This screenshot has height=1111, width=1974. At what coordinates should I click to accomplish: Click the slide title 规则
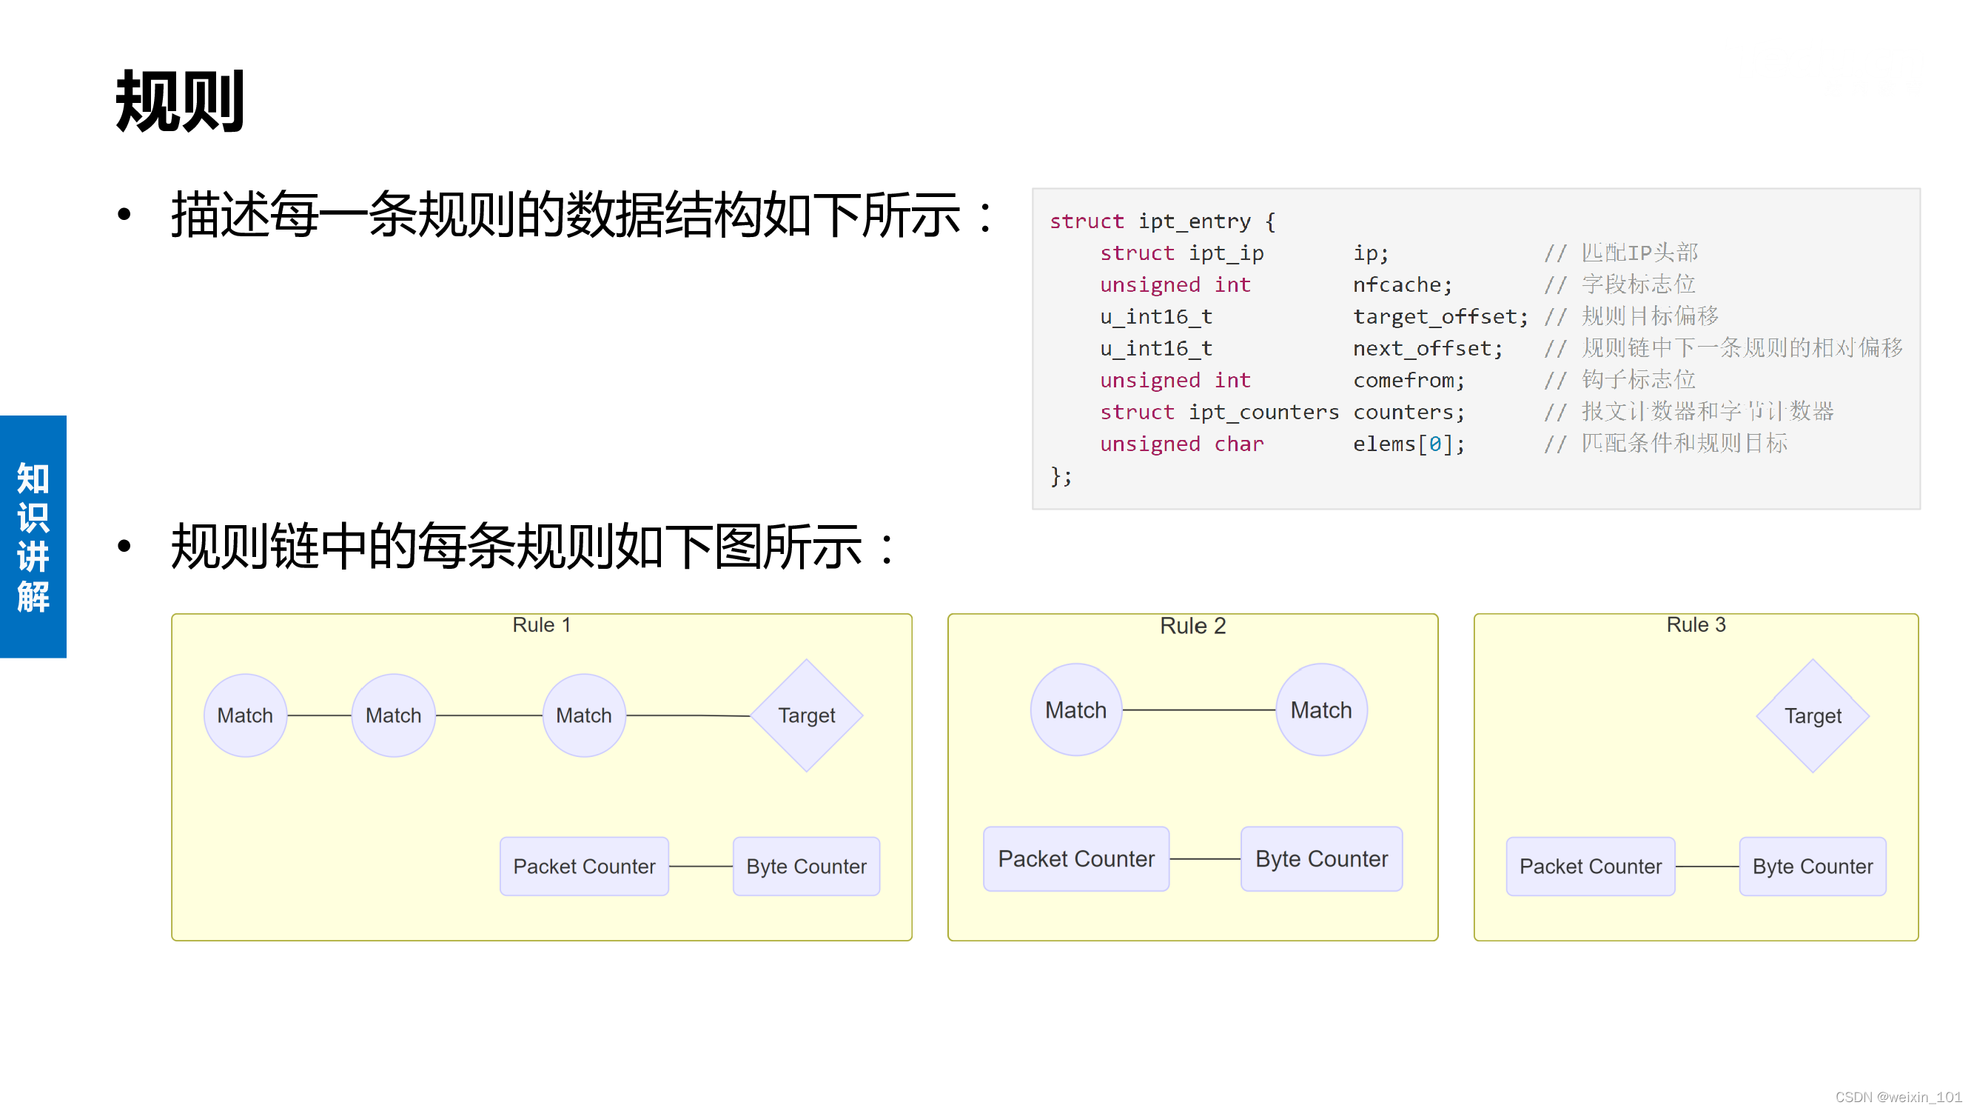click(180, 101)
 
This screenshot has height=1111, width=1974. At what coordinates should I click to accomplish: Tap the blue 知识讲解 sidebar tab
click(33, 537)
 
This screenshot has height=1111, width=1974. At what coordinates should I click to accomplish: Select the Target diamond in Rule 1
click(806, 715)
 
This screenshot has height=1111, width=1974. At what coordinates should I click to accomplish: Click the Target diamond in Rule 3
click(1813, 715)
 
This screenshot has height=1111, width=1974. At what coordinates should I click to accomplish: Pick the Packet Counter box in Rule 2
click(1076, 858)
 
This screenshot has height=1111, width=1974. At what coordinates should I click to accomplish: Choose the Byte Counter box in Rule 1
click(806, 867)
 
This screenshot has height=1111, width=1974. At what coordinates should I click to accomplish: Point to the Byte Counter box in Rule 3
click(1813, 867)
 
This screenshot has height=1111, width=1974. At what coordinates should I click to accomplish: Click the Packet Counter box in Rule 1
click(584, 867)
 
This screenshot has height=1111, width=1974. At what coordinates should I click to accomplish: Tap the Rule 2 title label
click(1192, 626)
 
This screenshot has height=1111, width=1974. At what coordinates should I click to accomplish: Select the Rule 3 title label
click(1696, 625)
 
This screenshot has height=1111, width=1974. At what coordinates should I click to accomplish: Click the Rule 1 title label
click(541, 625)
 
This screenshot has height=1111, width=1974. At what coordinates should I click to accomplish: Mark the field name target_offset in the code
click(1434, 317)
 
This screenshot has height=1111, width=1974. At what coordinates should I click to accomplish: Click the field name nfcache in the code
click(1396, 285)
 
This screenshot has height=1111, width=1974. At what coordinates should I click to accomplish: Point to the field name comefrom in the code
click(1403, 380)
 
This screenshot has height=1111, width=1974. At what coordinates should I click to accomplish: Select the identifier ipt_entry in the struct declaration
click(1194, 221)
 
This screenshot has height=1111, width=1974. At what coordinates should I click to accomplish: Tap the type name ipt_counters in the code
click(1263, 413)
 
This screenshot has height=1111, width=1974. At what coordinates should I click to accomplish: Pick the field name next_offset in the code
click(1422, 349)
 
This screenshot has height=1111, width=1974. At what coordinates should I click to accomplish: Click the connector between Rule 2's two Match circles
click(1198, 710)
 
